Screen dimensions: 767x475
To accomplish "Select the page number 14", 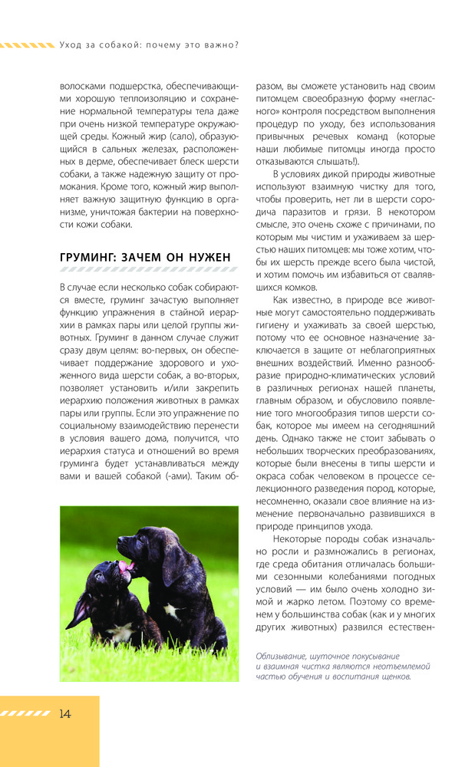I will pyautogui.click(x=64, y=714).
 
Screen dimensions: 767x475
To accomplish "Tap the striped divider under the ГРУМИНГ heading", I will pyautogui.click(x=148, y=270).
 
